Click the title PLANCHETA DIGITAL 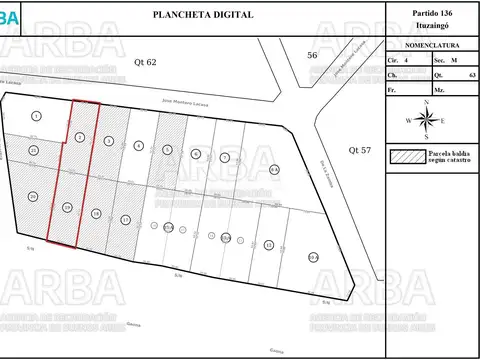point(202,15)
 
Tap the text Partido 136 point(429,12)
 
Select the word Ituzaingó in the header point(429,26)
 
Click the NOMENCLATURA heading point(429,46)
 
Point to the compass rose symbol point(428,119)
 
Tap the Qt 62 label point(147,62)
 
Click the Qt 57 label point(359,150)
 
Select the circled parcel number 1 point(36,117)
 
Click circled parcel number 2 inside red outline point(79,137)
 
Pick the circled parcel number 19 point(67,207)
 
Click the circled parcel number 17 point(125,219)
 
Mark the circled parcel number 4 point(138,146)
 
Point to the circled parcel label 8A point(274,171)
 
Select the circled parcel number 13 point(268,243)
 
